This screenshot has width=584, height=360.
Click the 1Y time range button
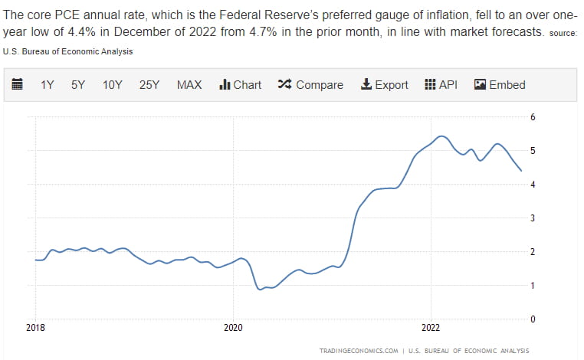point(47,85)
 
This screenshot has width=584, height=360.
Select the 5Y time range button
point(78,85)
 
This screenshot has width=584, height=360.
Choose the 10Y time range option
point(112,85)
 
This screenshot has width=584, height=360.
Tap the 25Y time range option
point(149,85)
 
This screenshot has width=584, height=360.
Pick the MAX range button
point(189,85)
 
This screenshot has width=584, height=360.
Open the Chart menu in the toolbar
point(240,85)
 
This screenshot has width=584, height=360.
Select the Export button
point(384,85)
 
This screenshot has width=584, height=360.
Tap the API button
point(441,85)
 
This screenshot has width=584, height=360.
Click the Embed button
point(500,85)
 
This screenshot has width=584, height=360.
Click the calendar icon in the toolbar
point(18,85)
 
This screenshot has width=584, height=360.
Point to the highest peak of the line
point(441,136)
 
